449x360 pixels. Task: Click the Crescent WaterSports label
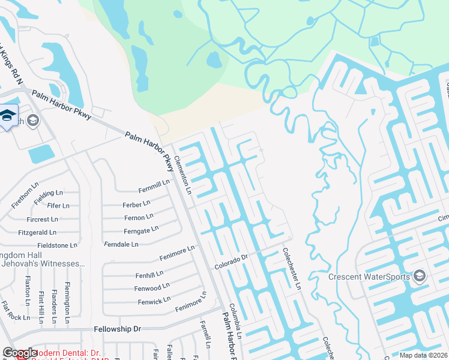[369, 277]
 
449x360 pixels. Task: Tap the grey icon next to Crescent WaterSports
[419, 276]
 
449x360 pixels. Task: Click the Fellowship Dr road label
[117, 329]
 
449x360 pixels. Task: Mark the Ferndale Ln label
[121, 244]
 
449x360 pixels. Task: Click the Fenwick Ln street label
[154, 299]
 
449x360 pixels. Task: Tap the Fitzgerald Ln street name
[38, 232]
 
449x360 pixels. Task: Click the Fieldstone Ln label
[58, 245]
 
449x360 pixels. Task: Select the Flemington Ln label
[67, 303]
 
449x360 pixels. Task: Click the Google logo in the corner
[20, 353]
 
